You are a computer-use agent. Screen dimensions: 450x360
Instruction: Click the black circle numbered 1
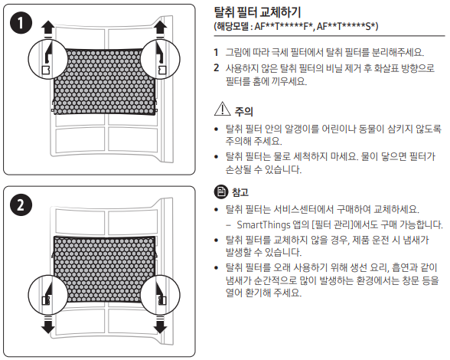click(x=21, y=23)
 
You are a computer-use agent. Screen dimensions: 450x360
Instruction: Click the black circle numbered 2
click(x=21, y=205)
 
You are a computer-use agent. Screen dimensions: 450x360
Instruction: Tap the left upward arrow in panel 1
click(x=47, y=29)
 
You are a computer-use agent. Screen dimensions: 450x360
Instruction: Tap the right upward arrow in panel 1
click(x=160, y=29)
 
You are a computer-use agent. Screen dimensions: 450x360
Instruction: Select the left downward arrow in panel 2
click(x=47, y=324)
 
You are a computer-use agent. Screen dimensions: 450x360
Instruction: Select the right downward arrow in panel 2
click(x=160, y=324)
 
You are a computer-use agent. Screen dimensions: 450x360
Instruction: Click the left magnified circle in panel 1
click(x=48, y=60)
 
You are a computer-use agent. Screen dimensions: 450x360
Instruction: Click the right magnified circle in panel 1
click(x=161, y=60)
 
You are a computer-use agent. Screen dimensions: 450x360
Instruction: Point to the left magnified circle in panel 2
click(x=48, y=295)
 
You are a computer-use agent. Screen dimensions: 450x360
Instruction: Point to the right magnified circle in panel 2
click(x=161, y=295)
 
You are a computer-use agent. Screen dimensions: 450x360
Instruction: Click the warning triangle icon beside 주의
click(x=223, y=110)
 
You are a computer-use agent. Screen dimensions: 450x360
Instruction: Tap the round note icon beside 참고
click(x=221, y=192)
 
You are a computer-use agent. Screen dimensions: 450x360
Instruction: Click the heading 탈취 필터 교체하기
click(x=257, y=12)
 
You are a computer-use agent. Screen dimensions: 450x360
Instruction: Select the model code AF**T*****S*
click(x=347, y=27)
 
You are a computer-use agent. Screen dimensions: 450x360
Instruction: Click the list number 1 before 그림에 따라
click(x=216, y=53)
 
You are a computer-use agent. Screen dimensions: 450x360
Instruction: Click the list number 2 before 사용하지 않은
click(x=217, y=68)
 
